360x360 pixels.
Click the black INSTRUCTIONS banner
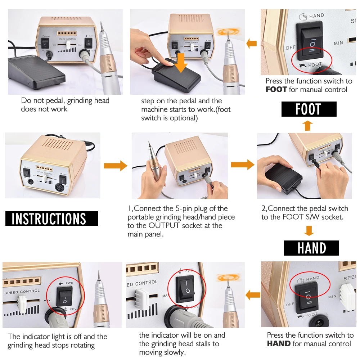(51, 219)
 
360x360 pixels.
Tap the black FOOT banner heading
(309, 109)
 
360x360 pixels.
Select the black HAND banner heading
(311, 248)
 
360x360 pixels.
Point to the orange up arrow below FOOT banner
(307, 125)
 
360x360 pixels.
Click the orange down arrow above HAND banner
(309, 230)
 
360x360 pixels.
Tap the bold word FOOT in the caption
(276, 90)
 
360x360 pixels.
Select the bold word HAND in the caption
(279, 344)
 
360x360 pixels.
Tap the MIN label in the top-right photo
(338, 43)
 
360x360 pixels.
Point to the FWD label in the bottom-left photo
(69, 283)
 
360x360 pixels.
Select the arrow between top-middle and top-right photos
(252, 44)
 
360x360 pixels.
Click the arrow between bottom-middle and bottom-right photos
(253, 295)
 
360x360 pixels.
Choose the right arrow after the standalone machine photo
(115, 166)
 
